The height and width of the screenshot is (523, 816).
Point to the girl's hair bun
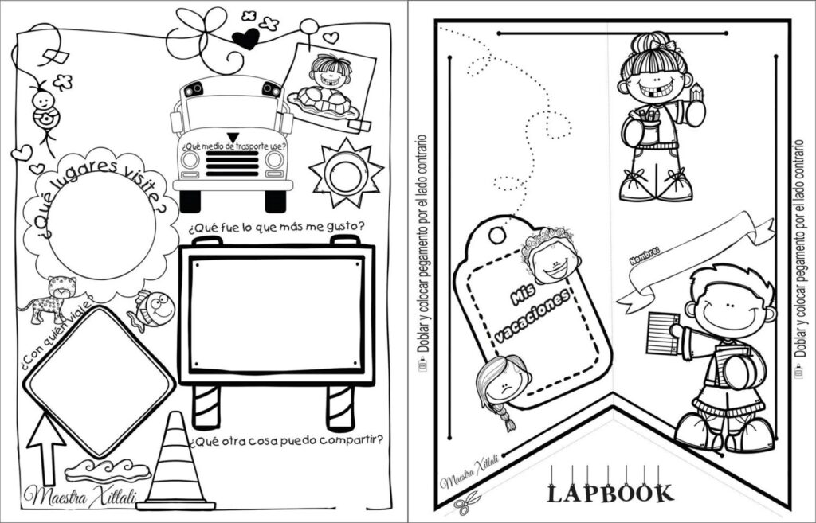(x=652, y=41)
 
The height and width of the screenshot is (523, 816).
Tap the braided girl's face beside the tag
(x=501, y=381)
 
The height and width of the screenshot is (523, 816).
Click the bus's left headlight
(x=190, y=159)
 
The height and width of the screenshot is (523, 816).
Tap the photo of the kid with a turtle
(x=328, y=84)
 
